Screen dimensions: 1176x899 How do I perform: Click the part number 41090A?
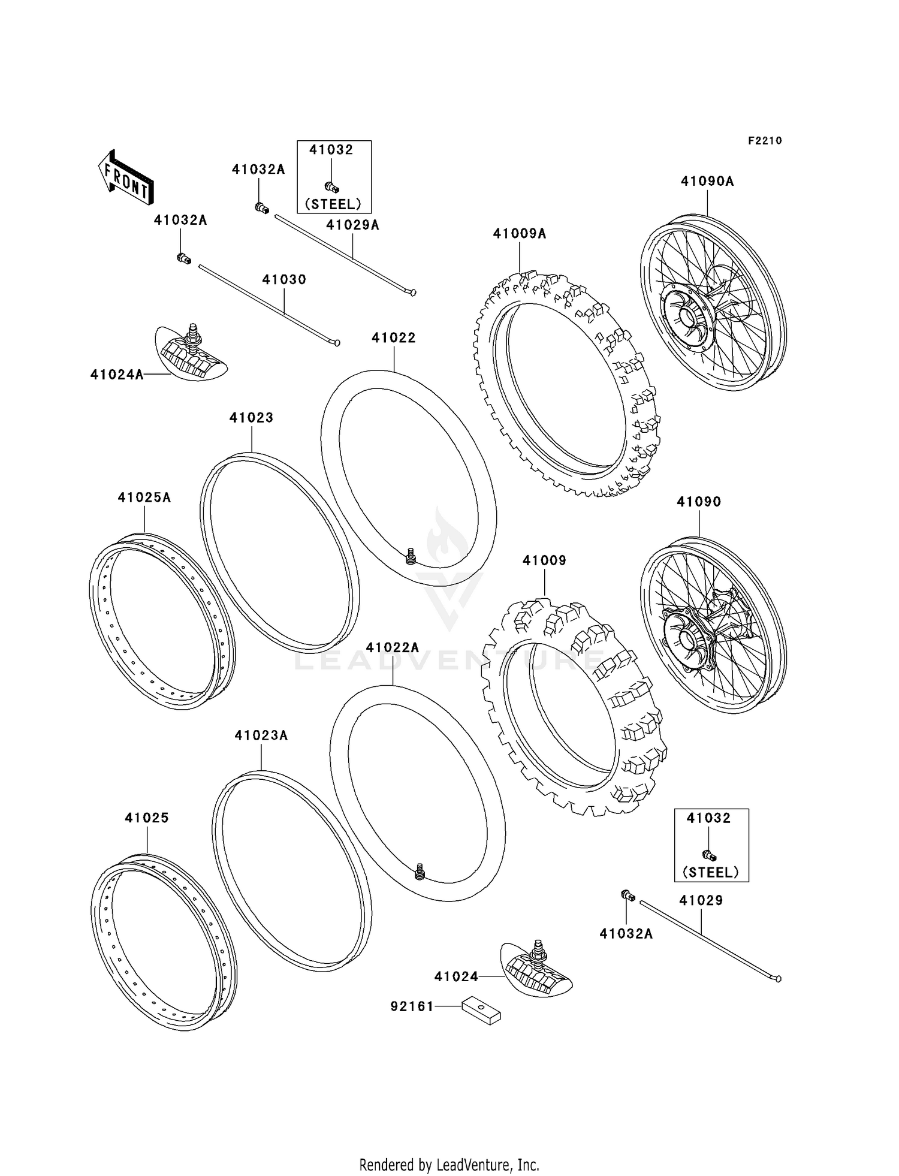707,181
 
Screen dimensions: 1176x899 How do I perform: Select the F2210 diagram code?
765,141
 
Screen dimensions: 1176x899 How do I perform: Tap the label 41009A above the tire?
519,234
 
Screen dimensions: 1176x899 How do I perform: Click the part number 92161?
412,1007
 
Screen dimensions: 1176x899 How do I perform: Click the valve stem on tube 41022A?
420,870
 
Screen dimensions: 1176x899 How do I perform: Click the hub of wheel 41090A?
686,316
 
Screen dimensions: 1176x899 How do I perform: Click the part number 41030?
284,280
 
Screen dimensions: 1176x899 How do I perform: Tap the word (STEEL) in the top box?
333,204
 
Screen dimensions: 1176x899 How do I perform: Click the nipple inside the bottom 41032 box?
709,856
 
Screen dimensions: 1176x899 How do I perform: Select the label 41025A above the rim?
144,497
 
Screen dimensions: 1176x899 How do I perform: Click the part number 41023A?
261,735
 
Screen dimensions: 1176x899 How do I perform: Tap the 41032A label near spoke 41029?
626,934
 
